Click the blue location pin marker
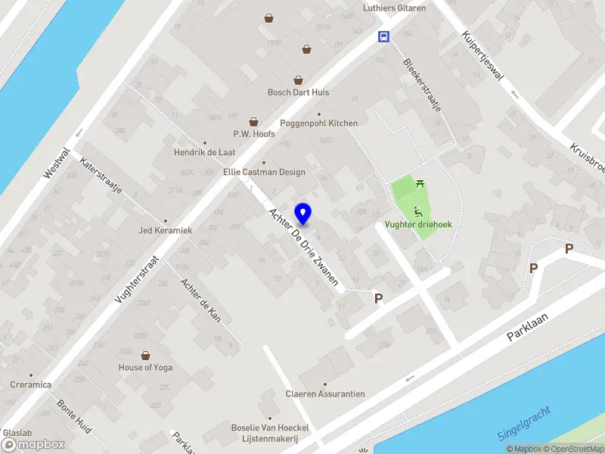point(303,214)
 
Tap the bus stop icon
point(384,36)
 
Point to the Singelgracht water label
point(524,424)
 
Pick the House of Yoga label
point(145,368)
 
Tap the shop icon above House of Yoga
point(145,355)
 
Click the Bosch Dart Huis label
point(298,92)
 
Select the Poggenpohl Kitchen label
point(318,123)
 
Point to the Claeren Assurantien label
point(325,393)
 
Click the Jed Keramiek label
point(166,230)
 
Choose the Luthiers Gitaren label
point(395,8)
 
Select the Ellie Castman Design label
point(264,172)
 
